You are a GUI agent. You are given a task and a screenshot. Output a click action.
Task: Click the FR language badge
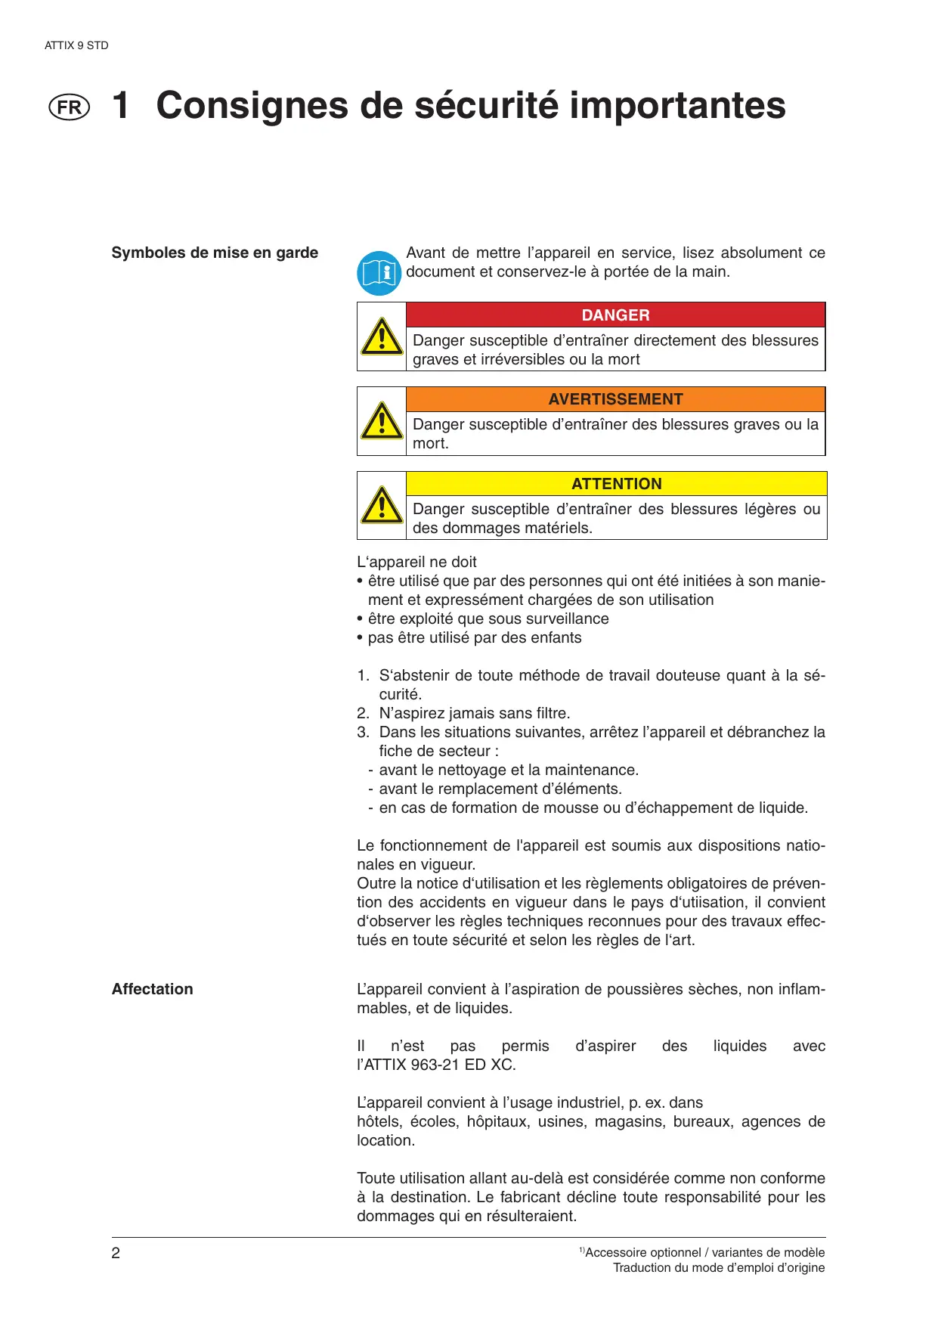click(69, 107)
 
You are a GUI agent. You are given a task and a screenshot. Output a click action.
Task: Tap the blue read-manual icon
click(379, 273)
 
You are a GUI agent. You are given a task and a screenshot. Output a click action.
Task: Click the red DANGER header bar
click(615, 315)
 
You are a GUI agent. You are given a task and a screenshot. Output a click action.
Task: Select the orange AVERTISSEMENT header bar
click(615, 399)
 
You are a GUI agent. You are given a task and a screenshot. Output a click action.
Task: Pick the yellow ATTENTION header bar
click(616, 484)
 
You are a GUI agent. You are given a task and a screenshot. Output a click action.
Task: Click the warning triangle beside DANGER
click(382, 337)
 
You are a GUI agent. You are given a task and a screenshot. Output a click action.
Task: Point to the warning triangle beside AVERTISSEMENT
click(382, 421)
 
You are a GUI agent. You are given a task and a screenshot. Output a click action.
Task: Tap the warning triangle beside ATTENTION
click(382, 506)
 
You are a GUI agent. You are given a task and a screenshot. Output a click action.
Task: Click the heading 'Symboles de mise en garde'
click(215, 253)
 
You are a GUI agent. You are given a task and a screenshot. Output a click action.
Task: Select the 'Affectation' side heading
click(153, 989)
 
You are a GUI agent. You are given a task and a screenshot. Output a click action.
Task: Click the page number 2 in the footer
click(116, 1253)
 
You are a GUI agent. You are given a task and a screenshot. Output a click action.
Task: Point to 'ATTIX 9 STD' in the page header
click(76, 45)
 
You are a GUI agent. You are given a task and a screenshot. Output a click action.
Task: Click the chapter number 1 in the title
click(121, 105)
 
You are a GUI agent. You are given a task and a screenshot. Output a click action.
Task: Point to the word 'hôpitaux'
click(498, 1121)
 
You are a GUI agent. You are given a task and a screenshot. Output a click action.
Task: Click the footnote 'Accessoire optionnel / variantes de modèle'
click(704, 1253)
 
